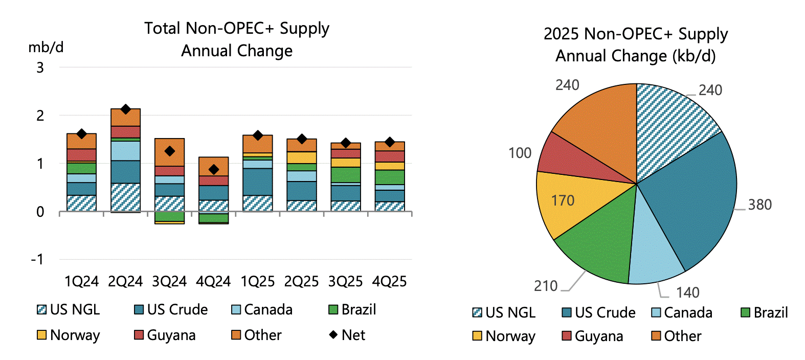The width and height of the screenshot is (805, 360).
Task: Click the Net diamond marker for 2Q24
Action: point(126,109)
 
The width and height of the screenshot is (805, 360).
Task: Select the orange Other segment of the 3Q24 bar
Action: point(169,152)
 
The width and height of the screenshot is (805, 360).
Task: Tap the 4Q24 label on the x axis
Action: point(213,281)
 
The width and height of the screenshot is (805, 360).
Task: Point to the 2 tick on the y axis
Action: point(40,116)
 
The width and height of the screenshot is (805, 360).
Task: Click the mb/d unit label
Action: point(46,48)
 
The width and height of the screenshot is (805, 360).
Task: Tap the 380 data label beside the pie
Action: point(759,205)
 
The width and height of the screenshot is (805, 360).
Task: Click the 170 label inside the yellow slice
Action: point(563,200)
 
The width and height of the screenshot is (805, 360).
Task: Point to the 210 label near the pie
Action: point(546,286)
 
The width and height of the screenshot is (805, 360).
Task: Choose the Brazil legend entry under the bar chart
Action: point(352,310)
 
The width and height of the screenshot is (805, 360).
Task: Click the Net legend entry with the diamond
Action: point(347,335)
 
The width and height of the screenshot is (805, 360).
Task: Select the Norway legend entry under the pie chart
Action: point(504,336)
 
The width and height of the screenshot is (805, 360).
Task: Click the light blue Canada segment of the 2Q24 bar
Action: point(126,151)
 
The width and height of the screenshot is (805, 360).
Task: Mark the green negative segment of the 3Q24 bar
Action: point(169,216)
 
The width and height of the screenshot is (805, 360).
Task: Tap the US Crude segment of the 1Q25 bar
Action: point(257,182)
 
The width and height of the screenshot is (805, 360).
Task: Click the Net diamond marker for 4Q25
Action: point(390,142)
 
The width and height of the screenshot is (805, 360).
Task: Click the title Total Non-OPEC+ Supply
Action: point(237,29)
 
